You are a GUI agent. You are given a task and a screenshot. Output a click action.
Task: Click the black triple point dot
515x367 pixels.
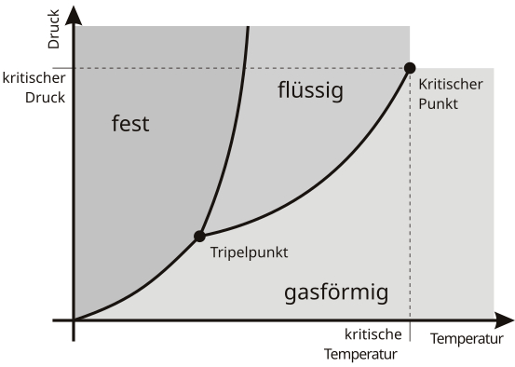pyautogui.click(x=198, y=237)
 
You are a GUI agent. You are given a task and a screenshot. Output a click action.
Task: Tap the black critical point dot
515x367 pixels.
pyautogui.click(x=409, y=67)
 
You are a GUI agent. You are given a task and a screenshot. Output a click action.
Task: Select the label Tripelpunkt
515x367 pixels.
pyautogui.click(x=249, y=252)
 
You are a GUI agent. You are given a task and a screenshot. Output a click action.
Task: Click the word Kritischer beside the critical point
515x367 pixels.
pyautogui.click(x=451, y=85)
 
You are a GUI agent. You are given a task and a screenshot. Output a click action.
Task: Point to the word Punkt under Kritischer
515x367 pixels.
pyautogui.click(x=439, y=103)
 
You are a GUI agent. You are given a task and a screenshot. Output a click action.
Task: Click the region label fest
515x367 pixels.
pyautogui.click(x=130, y=124)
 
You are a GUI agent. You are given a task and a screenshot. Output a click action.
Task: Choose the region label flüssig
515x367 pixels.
pyautogui.click(x=311, y=90)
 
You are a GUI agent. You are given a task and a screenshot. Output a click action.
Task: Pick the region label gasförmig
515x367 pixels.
pyautogui.click(x=335, y=294)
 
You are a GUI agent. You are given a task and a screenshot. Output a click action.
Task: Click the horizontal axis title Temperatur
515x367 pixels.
pyautogui.click(x=467, y=338)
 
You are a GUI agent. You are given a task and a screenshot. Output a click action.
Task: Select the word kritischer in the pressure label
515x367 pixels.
pyautogui.click(x=34, y=77)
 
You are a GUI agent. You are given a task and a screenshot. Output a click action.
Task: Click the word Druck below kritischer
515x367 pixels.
pyautogui.click(x=45, y=96)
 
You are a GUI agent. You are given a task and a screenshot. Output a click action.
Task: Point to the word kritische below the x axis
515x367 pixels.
pyautogui.click(x=373, y=334)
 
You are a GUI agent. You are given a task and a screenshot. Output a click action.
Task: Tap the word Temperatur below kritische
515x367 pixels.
pyautogui.click(x=361, y=354)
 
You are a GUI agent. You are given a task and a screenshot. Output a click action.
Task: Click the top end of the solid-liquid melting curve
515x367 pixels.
pyautogui.click(x=249, y=28)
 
